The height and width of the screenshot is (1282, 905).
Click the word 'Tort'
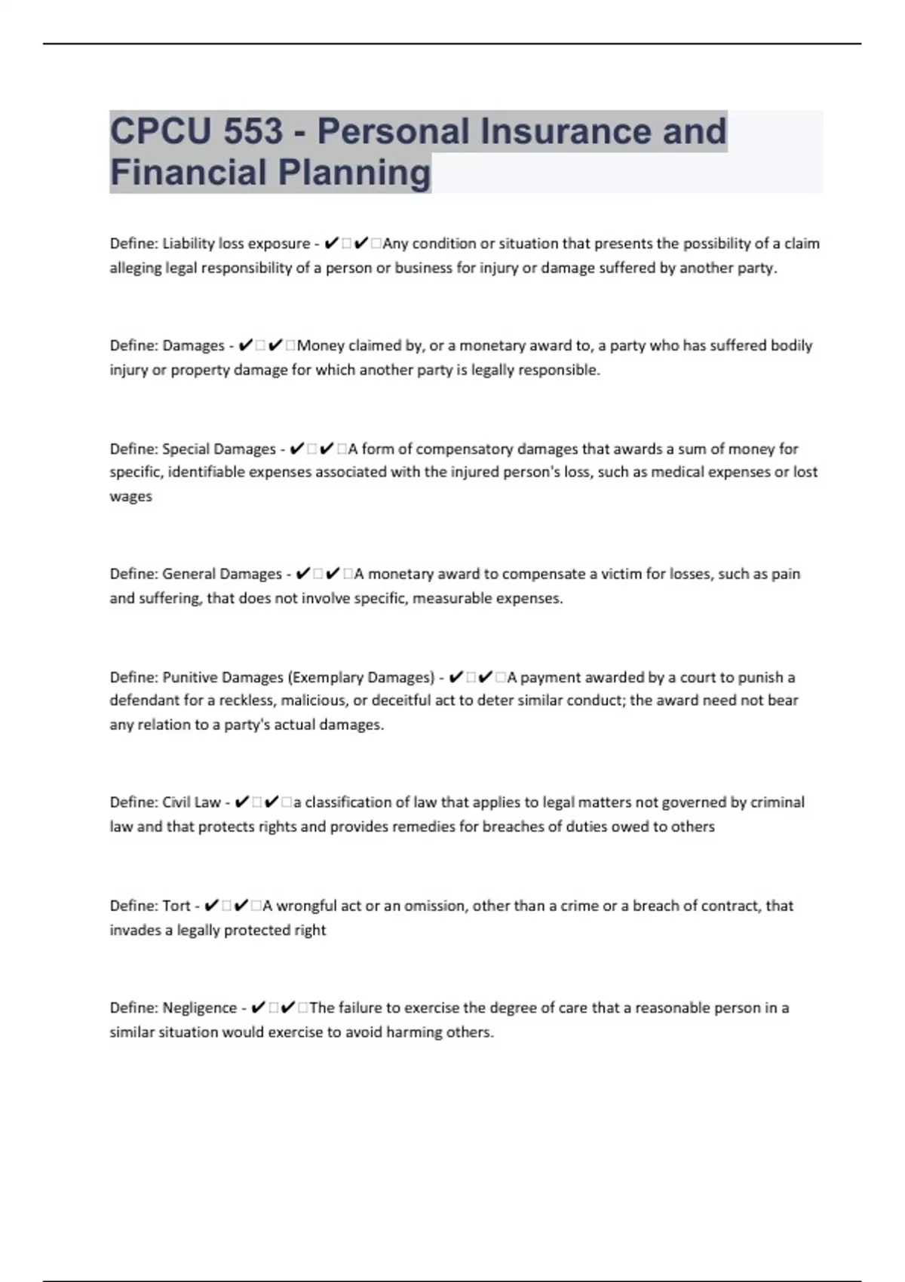click(176, 906)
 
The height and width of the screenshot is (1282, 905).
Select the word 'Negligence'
click(199, 1008)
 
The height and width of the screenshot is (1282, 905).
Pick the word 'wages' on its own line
click(130, 496)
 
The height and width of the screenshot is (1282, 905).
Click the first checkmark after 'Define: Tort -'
click(212, 906)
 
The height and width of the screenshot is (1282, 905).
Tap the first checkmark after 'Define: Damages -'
click(245, 346)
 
